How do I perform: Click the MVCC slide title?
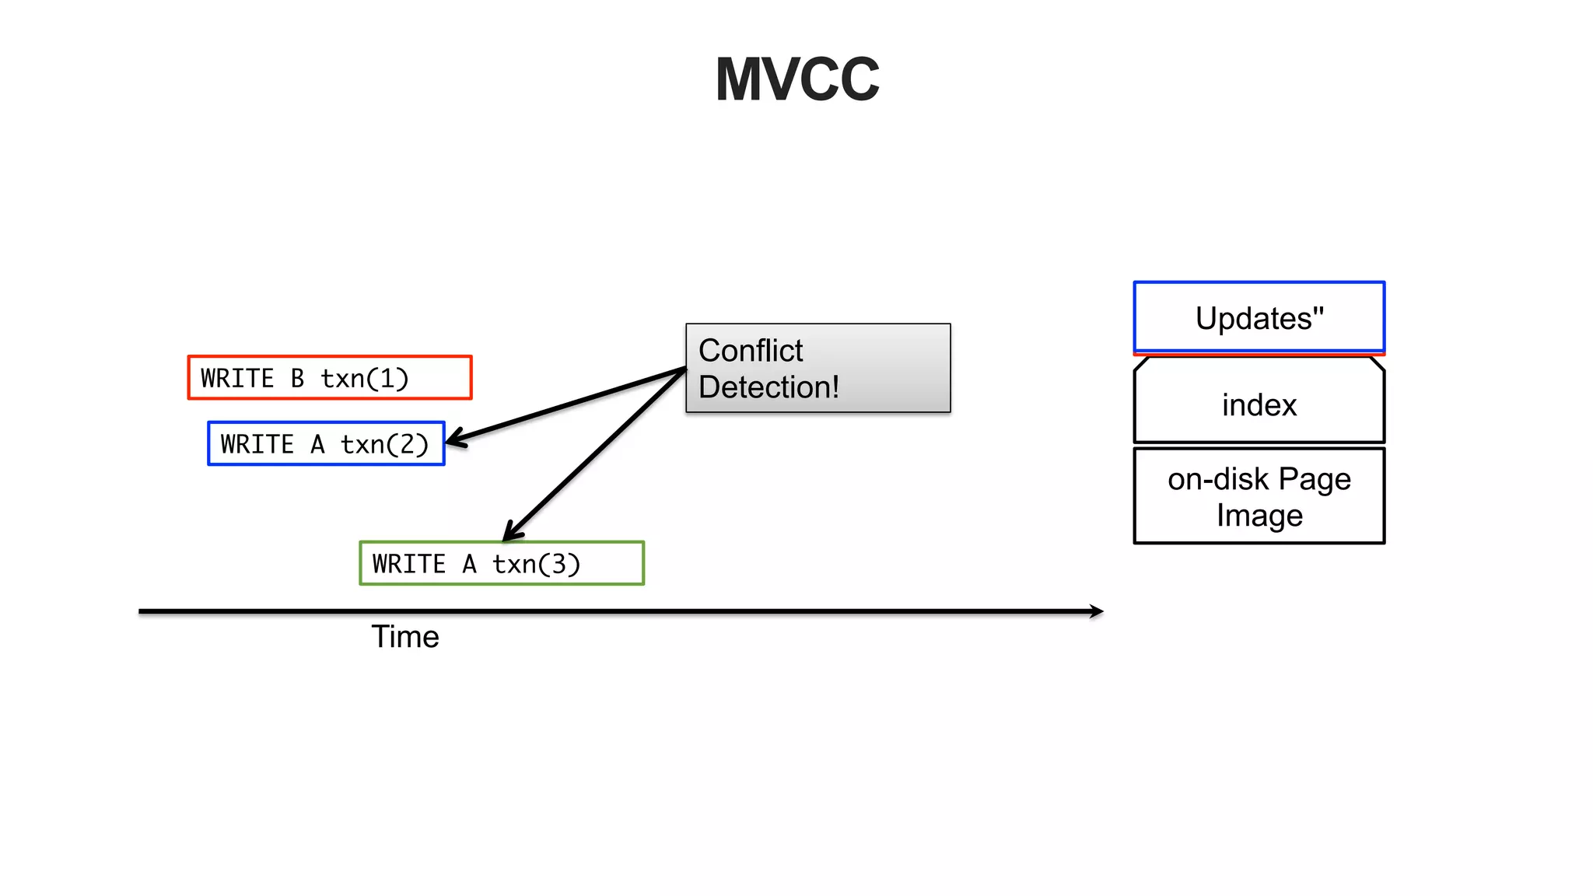[796, 79]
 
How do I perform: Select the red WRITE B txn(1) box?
[330, 378]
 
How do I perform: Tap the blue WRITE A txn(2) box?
[326, 444]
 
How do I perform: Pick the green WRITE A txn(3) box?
[502, 563]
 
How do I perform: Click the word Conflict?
[750, 351]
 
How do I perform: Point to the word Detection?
[768, 387]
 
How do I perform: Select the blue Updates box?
[1259, 317]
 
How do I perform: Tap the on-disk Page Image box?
[1259, 496]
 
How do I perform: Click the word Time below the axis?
[404, 637]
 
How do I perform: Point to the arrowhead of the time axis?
[1097, 611]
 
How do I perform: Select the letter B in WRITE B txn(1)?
[297, 379]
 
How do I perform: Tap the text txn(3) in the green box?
[536, 564]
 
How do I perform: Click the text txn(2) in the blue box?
[384, 445]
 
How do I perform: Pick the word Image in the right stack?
[1259, 516]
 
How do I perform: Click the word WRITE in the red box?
[237, 379]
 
